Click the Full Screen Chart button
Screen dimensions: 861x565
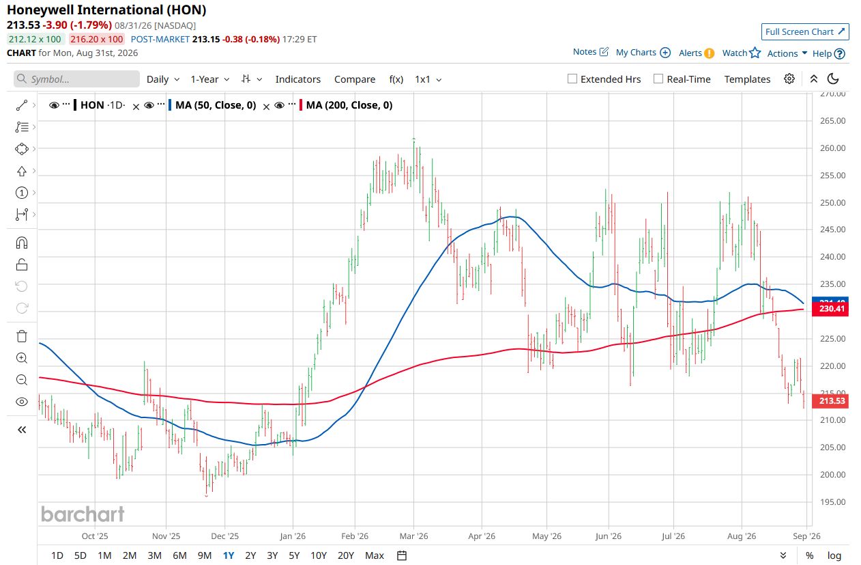click(x=805, y=31)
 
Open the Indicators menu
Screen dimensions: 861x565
click(x=298, y=79)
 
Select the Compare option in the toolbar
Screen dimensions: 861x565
click(x=355, y=79)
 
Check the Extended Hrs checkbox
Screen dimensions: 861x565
click(x=572, y=79)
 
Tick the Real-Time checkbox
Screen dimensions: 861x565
click(x=658, y=79)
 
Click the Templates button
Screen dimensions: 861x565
click(x=747, y=79)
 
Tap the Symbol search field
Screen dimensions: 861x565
click(x=77, y=79)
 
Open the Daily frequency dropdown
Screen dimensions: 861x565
click(x=163, y=79)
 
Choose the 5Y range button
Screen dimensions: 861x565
click(x=294, y=555)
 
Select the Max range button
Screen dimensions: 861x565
click(x=375, y=555)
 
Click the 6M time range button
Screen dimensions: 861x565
click(x=179, y=555)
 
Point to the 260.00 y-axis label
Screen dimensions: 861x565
click(x=832, y=148)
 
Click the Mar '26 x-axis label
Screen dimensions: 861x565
click(x=413, y=536)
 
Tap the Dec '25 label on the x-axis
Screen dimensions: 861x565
click(x=225, y=536)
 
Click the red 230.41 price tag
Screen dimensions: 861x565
click(x=830, y=309)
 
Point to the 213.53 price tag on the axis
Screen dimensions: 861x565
click(x=830, y=401)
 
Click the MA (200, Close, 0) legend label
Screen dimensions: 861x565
click(x=349, y=105)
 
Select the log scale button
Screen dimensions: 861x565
click(x=834, y=555)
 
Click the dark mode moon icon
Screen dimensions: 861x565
click(x=833, y=79)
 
